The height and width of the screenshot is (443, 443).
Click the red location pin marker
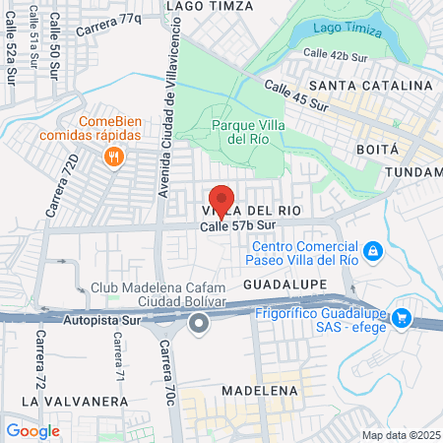(221, 200)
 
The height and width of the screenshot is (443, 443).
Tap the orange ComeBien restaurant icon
(116, 157)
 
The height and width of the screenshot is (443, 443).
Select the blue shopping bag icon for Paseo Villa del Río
(372, 253)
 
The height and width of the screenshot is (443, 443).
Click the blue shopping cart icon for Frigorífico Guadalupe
(401, 317)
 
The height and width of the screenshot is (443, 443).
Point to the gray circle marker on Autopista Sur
(200, 322)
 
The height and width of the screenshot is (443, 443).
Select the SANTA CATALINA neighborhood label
(369, 87)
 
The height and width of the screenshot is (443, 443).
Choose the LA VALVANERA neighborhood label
(75, 402)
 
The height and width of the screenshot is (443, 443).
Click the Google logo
(32, 430)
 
